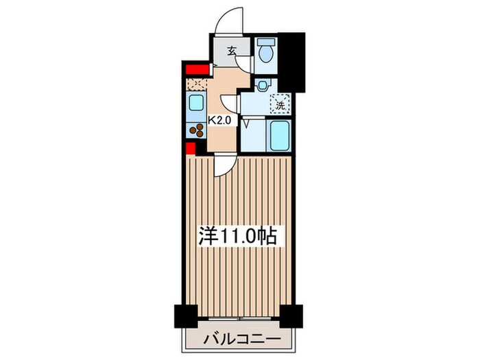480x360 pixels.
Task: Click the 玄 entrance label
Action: (232, 50)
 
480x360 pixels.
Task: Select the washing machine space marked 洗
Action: (280, 105)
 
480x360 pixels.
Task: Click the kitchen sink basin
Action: (195, 105)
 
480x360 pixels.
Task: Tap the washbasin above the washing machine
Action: (261, 86)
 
